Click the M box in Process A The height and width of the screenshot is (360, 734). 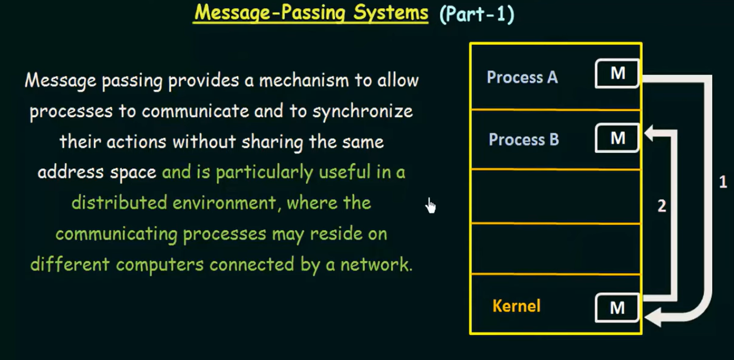tap(617, 74)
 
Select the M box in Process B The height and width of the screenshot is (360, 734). tap(617, 138)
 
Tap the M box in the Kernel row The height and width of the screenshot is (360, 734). tap(617, 308)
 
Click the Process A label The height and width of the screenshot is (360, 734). tap(522, 78)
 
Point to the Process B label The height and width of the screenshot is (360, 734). tap(523, 140)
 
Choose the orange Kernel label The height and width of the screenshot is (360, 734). tap(516, 306)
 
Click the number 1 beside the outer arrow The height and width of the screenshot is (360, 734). tap(723, 182)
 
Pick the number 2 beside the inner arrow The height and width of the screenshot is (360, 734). tap(662, 206)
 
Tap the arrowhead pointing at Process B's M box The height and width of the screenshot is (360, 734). tap(650, 135)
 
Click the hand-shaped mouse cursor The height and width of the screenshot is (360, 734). tap(430, 206)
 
